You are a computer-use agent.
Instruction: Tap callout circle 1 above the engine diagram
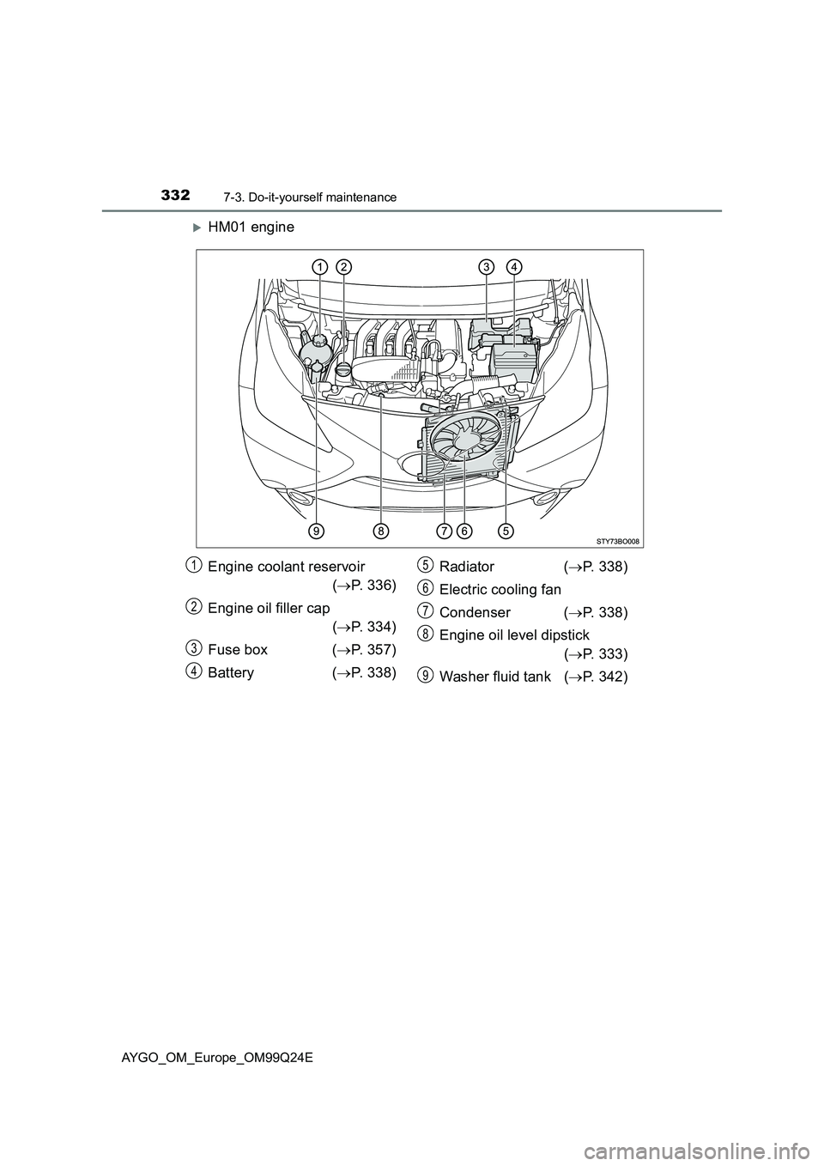click(x=318, y=267)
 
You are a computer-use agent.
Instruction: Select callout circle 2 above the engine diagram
click(x=343, y=267)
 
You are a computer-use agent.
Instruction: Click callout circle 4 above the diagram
click(x=513, y=267)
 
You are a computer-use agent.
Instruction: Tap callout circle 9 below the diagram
click(x=318, y=531)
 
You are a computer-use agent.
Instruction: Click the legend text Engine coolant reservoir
click(x=286, y=567)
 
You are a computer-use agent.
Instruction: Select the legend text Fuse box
click(x=238, y=650)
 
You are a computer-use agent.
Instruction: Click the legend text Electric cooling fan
click(x=500, y=590)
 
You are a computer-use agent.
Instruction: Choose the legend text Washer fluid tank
click(x=494, y=677)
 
